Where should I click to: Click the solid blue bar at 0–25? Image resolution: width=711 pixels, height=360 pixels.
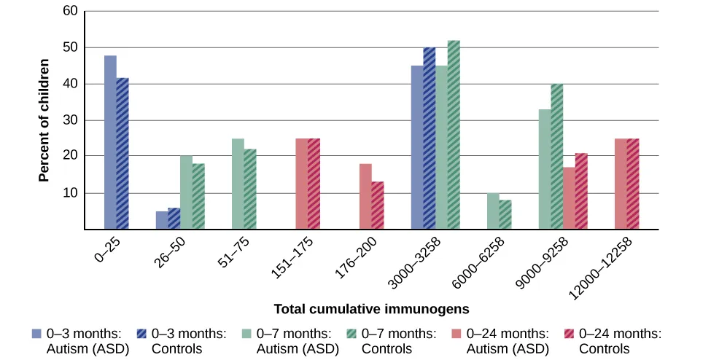click(110, 143)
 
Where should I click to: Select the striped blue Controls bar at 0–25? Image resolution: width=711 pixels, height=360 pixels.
click(123, 154)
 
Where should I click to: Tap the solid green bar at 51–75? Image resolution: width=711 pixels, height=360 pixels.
click(238, 184)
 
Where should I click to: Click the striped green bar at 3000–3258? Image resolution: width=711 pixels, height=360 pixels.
click(454, 135)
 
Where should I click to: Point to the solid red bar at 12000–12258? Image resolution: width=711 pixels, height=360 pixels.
click(621, 184)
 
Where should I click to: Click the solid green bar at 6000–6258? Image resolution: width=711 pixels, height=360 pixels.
click(493, 211)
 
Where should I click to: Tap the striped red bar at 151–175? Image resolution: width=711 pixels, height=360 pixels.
click(314, 184)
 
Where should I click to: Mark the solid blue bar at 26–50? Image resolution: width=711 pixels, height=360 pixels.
click(161, 220)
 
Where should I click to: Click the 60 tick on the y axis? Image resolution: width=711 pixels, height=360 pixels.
click(70, 12)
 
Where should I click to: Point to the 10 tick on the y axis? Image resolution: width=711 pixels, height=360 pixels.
click(70, 193)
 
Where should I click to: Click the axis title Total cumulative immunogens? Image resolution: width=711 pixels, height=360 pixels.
click(371, 309)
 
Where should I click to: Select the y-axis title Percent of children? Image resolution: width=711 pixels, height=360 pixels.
click(44, 120)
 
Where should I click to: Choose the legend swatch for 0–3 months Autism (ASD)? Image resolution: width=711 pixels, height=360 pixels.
click(36, 333)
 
